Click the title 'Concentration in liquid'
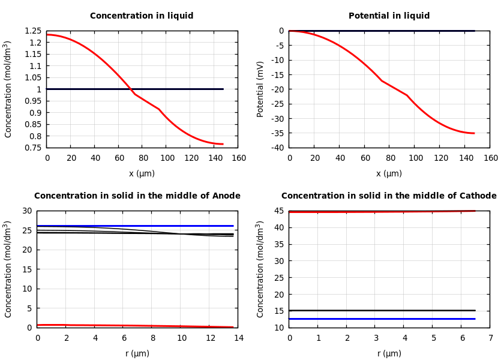click(142, 16)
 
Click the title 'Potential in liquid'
click(389, 16)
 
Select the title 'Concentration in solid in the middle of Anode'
click(137, 196)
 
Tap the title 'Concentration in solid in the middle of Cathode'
click(389, 196)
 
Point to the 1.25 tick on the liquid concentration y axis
click(34, 31)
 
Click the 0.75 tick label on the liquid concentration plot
click(34, 148)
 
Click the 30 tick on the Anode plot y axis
click(26, 211)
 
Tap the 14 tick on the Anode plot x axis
click(238, 338)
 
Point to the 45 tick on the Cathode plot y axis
click(278, 211)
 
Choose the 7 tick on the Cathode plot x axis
click(490, 338)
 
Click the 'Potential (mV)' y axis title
click(260, 89)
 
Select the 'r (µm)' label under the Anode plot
click(137, 353)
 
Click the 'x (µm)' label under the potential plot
click(389, 173)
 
